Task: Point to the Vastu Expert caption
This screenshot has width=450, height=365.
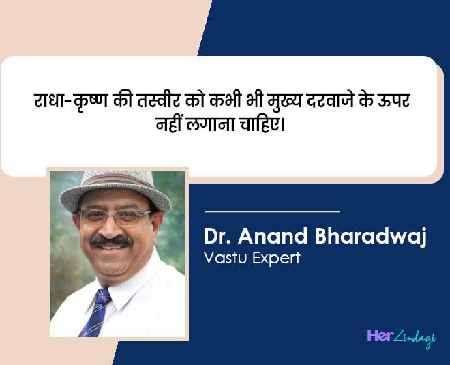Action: coord(252,259)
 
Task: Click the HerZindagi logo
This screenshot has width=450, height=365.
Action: coord(401,337)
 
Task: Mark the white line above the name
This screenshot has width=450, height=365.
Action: coord(272,211)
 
